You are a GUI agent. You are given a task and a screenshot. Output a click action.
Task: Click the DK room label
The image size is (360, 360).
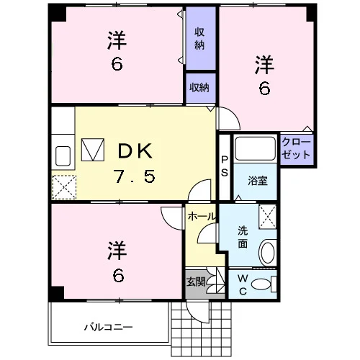coord(135,150)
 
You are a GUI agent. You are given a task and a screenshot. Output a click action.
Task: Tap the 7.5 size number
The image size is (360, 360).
coord(135,176)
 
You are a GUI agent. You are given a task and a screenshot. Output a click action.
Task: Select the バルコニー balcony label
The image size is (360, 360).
coord(109,327)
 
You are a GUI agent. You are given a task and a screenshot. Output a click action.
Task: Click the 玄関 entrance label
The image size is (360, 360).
coord(196,282)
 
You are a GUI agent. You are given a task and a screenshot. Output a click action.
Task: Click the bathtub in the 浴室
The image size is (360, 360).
coord(255,148)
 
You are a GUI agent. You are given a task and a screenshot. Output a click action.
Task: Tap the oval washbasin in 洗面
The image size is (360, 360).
coord(268,253)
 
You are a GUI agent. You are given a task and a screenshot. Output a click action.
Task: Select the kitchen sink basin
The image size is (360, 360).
coord(63,156)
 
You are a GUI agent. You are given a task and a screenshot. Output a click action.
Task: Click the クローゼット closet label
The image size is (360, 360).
coord(296,148)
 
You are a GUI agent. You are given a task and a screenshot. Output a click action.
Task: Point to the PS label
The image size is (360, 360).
coord(225,166)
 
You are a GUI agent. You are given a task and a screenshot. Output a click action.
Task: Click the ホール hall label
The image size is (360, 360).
coord(201,217)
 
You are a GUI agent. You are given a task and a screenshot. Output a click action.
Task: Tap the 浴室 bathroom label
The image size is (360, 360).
coord(258,181)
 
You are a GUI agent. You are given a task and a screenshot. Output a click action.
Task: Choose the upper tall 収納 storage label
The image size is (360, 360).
coord(199,38)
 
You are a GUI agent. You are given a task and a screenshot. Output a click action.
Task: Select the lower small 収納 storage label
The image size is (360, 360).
coord(199,88)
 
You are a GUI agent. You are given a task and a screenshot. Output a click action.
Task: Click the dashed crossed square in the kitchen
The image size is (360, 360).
coord(64,187)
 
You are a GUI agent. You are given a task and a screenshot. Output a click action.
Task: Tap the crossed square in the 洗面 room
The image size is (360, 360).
coord(268,217)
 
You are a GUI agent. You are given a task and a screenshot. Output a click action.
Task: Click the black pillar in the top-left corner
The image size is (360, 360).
coord(57,13)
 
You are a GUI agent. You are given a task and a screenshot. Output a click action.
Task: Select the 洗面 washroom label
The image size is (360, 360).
coord(243,237)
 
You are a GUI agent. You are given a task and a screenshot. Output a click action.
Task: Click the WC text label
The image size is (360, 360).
coord(243,285)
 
